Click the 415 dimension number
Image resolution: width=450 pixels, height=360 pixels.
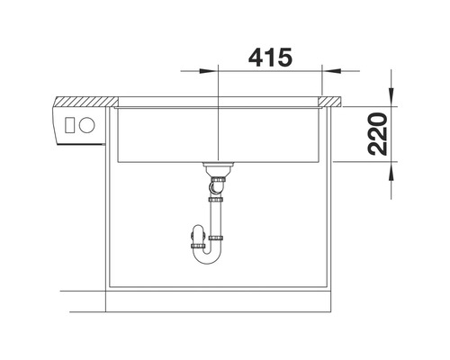click(270, 57)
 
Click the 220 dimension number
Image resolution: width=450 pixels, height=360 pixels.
click(377, 134)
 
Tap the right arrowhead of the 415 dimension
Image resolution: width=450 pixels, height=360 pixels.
click(332, 71)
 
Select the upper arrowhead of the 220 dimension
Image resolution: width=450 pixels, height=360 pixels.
click(391, 96)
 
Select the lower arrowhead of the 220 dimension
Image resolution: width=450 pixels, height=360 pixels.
click(391, 171)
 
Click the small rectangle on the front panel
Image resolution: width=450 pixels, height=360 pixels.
click(69, 124)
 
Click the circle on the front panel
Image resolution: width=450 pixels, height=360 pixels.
click(87, 124)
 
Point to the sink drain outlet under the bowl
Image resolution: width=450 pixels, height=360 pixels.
click(218, 168)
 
